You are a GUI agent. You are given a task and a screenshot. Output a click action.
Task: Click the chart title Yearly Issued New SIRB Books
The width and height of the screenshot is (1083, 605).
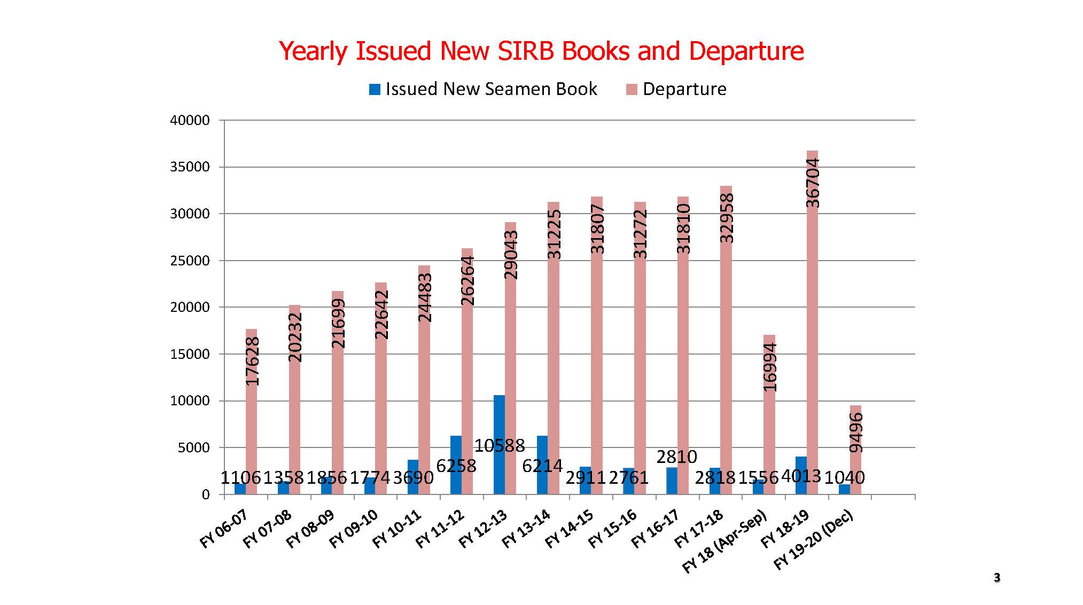tap(541, 51)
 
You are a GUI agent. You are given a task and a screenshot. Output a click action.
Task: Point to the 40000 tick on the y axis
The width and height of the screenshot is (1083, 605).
tap(190, 121)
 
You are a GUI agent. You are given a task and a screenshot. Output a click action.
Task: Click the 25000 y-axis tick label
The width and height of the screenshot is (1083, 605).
tap(190, 261)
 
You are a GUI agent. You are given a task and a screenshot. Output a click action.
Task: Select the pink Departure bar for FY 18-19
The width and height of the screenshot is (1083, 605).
tap(812, 320)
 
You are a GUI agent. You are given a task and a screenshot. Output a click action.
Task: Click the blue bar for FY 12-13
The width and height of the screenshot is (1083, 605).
tap(499, 470)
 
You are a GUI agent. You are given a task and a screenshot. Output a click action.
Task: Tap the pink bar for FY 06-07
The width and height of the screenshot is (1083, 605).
tap(251, 427)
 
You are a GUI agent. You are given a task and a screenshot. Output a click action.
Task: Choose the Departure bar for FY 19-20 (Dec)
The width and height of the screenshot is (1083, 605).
tap(855, 459)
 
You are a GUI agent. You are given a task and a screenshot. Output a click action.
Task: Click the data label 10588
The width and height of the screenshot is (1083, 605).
tap(500, 445)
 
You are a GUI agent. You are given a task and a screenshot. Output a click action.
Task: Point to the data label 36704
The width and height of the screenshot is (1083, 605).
tap(813, 183)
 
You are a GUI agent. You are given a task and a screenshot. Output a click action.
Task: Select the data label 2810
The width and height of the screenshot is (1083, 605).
tap(676, 457)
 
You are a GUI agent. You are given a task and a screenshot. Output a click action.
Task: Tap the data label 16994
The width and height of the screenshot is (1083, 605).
tap(770, 367)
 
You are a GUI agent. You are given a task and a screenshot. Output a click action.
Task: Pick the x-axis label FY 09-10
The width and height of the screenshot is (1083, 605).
tap(354, 529)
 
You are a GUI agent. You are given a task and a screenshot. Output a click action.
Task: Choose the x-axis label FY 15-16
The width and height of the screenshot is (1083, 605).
tap(613, 529)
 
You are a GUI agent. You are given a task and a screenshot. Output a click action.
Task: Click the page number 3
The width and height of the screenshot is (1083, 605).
tap(996, 578)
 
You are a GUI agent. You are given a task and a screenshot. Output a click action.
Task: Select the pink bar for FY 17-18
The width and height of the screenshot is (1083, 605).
tap(726, 347)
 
